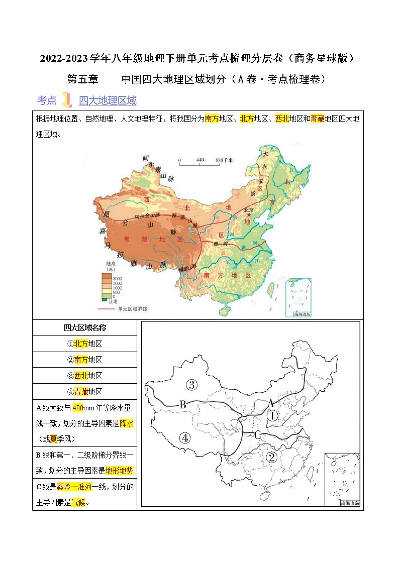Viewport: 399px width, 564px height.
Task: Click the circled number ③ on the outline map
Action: click(x=177, y=385)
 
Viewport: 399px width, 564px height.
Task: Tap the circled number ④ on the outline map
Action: click(x=185, y=438)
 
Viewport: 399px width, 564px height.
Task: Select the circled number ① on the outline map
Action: click(x=272, y=416)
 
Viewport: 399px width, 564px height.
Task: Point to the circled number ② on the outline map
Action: click(x=271, y=457)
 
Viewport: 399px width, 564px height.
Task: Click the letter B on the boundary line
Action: click(x=183, y=404)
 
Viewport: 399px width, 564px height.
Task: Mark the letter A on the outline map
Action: click(x=271, y=402)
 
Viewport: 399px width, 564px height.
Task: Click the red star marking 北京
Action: click(x=248, y=214)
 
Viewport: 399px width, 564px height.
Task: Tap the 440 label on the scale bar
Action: click(x=199, y=160)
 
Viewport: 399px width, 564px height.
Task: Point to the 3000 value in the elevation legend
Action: click(x=117, y=278)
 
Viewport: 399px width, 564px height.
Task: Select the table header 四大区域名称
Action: click(x=84, y=328)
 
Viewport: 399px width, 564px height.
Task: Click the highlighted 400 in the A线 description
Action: click(x=78, y=407)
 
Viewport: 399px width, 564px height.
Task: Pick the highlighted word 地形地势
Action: click(x=120, y=471)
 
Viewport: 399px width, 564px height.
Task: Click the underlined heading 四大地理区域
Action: click(x=108, y=100)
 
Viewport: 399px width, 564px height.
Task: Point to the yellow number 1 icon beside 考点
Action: click(x=66, y=100)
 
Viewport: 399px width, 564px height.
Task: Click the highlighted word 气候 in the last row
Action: click(x=78, y=502)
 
